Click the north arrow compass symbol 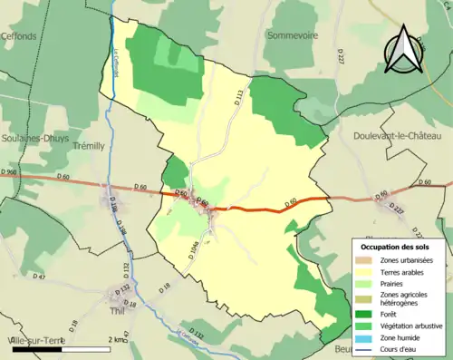coord(403,50)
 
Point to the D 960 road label coord(10,171)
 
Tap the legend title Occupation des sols coord(396,247)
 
